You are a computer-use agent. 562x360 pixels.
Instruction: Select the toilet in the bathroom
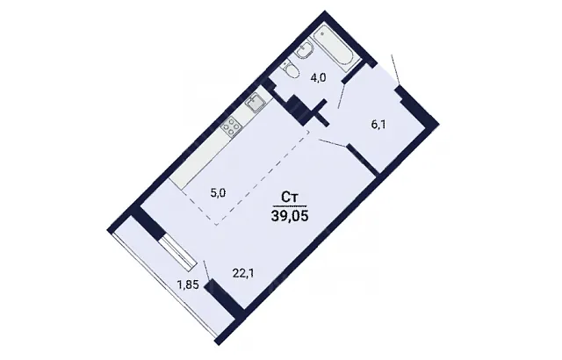pyautogui.click(x=292, y=69)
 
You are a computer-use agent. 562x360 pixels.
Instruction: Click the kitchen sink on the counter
pyautogui.click(x=256, y=103)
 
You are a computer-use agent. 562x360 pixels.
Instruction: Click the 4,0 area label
pyautogui.click(x=318, y=78)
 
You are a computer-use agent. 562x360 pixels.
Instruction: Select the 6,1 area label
pyautogui.click(x=378, y=126)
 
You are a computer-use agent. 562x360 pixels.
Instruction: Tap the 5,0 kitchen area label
pyautogui.click(x=218, y=194)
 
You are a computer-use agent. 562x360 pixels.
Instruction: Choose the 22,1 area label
pyautogui.click(x=241, y=273)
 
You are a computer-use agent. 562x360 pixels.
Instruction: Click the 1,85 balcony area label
pyautogui.click(x=188, y=285)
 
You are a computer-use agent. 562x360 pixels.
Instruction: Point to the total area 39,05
pyautogui.click(x=290, y=216)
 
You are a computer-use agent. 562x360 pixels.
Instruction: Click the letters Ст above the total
pyautogui.click(x=290, y=198)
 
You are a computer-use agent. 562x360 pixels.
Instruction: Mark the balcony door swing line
pyautogui.click(x=206, y=271)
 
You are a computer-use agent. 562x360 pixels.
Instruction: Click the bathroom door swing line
pyautogui.click(x=342, y=96)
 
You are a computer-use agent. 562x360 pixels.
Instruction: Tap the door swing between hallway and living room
pyautogui.click(x=332, y=142)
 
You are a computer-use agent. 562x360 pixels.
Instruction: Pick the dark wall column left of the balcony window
pyautogui.click(x=148, y=223)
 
